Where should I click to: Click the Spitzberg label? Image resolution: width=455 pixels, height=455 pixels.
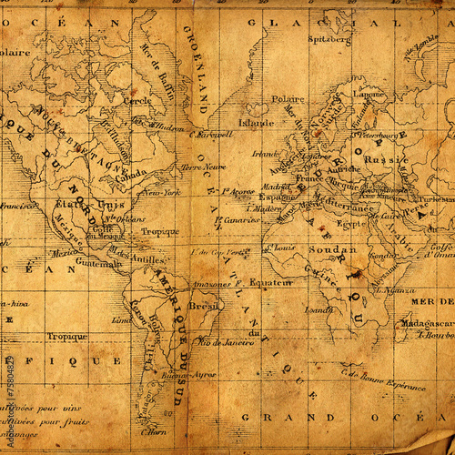click(x=329, y=40)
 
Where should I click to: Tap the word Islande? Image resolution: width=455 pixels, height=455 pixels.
click(x=256, y=122)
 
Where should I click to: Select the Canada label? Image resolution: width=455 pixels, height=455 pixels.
click(x=131, y=172)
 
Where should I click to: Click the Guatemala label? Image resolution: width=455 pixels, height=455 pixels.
click(x=98, y=263)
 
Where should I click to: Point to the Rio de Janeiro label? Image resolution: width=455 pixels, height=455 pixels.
click(x=222, y=342)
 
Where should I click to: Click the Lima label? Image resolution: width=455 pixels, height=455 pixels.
click(x=121, y=319)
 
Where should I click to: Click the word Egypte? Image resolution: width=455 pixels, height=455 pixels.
click(x=350, y=222)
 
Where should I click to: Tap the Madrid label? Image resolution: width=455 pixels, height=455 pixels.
click(x=277, y=185)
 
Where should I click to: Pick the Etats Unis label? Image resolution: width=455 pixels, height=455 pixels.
click(x=77, y=204)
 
